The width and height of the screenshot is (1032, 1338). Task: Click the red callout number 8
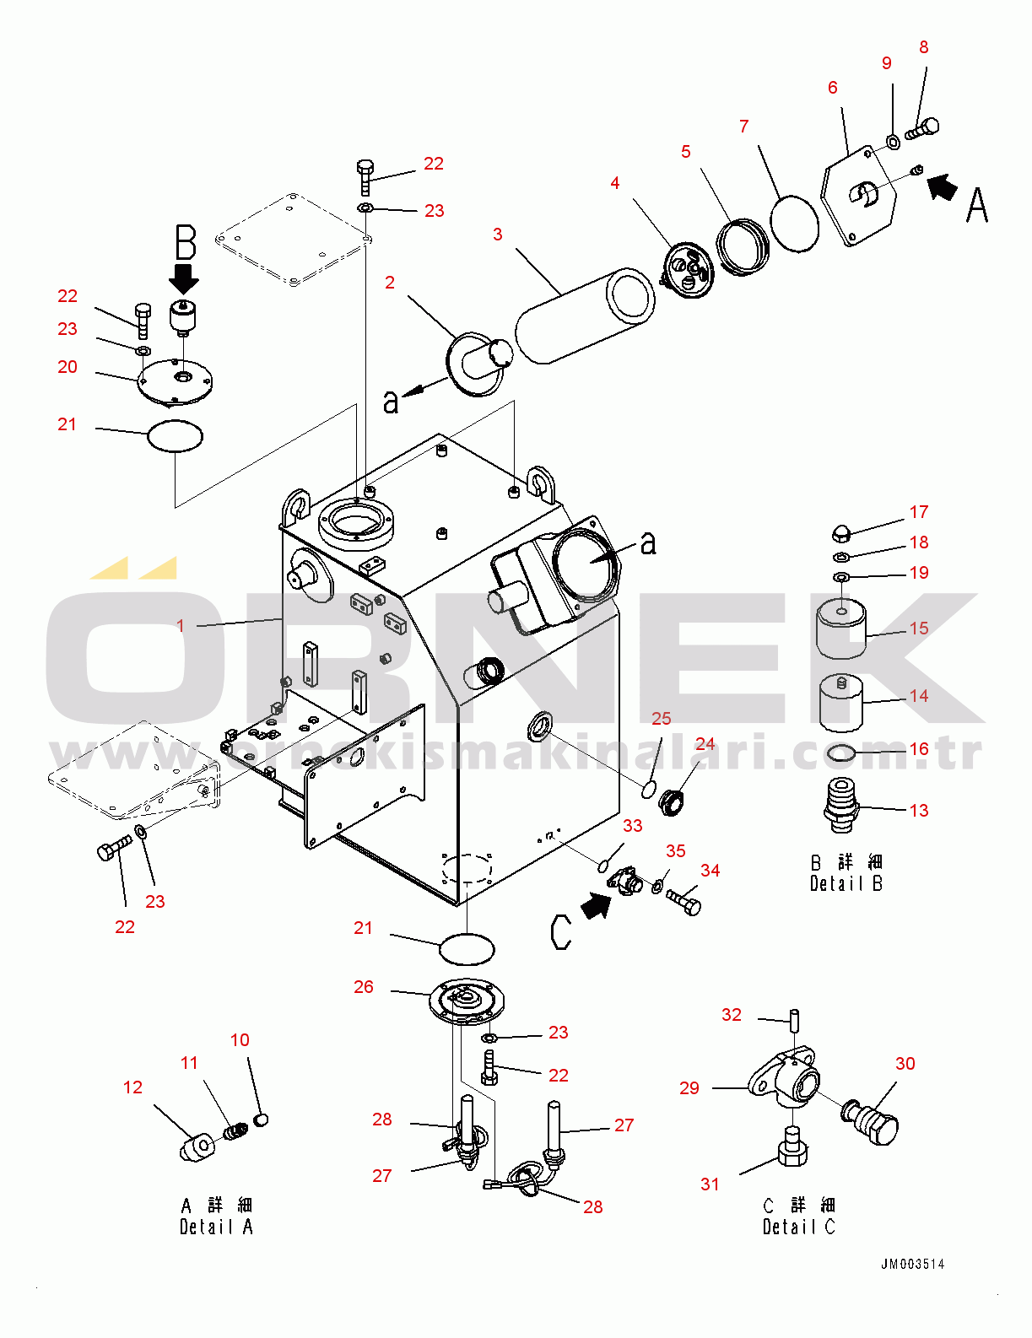pyautogui.click(x=924, y=48)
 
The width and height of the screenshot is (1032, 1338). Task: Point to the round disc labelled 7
pyautogui.click(x=795, y=224)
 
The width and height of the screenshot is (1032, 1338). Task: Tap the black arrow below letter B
pyautogui.click(x=184, y=278)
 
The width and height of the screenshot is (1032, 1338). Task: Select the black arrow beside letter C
pyautogui.click(x=597, y=906)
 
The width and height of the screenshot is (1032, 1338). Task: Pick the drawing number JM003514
pyautogui.click(x=912, y=1264)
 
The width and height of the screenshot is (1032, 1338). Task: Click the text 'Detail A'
pyautogui.click(x=216, y=1227)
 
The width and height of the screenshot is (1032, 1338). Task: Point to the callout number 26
pyautogui.click(x=364, y=987)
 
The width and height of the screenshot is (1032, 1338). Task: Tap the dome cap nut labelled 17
pyautogui.click(x=840, y=531)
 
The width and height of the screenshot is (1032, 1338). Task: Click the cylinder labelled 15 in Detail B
pyautogui.click(x=841, y=628)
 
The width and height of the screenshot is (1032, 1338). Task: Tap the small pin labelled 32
pyautogui.click(x=794, y=1019)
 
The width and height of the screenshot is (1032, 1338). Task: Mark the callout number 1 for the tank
pyautogui.click(x=180, y=626)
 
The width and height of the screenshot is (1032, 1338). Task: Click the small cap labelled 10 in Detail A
pyautogui.click(x=261, y=1119)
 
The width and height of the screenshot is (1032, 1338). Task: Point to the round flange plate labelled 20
pyautogui.click(x=176, y=382)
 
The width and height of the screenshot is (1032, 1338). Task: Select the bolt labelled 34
pyautogui.click(x=683, y=902)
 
